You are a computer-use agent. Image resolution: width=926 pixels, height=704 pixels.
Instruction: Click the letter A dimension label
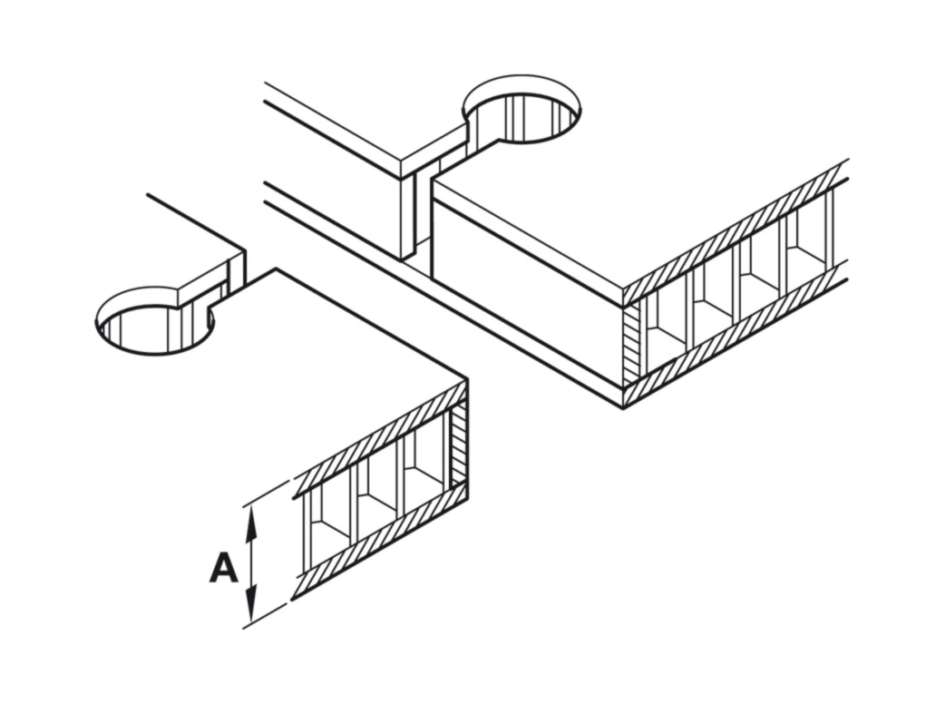223,568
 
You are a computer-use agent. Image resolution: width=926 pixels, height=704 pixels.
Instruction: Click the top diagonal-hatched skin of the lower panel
381,435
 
